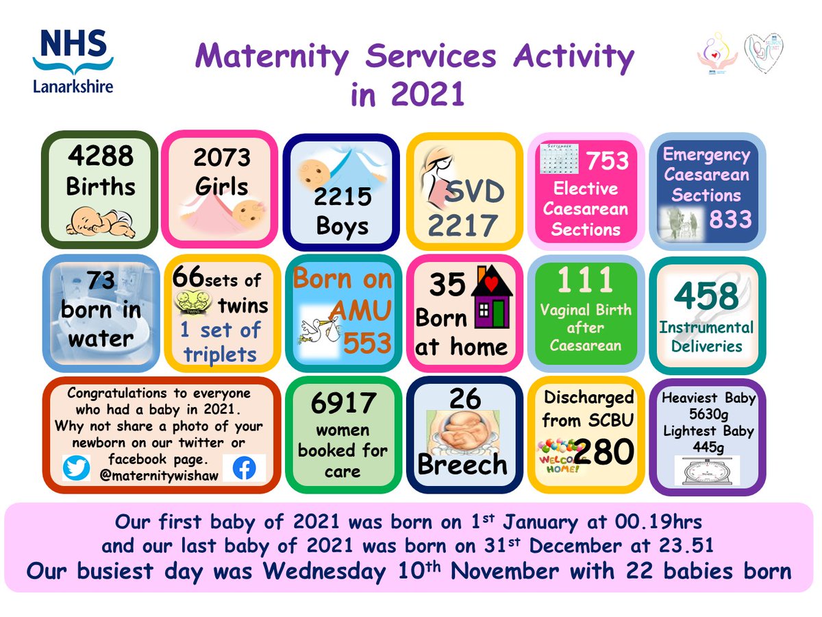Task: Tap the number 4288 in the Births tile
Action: pos(101,156)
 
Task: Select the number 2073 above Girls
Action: pos(221,158)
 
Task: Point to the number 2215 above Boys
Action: pos(342,197)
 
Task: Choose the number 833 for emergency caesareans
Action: pos(730,219)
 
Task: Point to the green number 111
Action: pos(584,280)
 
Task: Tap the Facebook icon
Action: pos(244,468)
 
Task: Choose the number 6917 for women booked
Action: pos(342,403)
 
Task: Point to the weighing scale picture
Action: pos(706,471)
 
